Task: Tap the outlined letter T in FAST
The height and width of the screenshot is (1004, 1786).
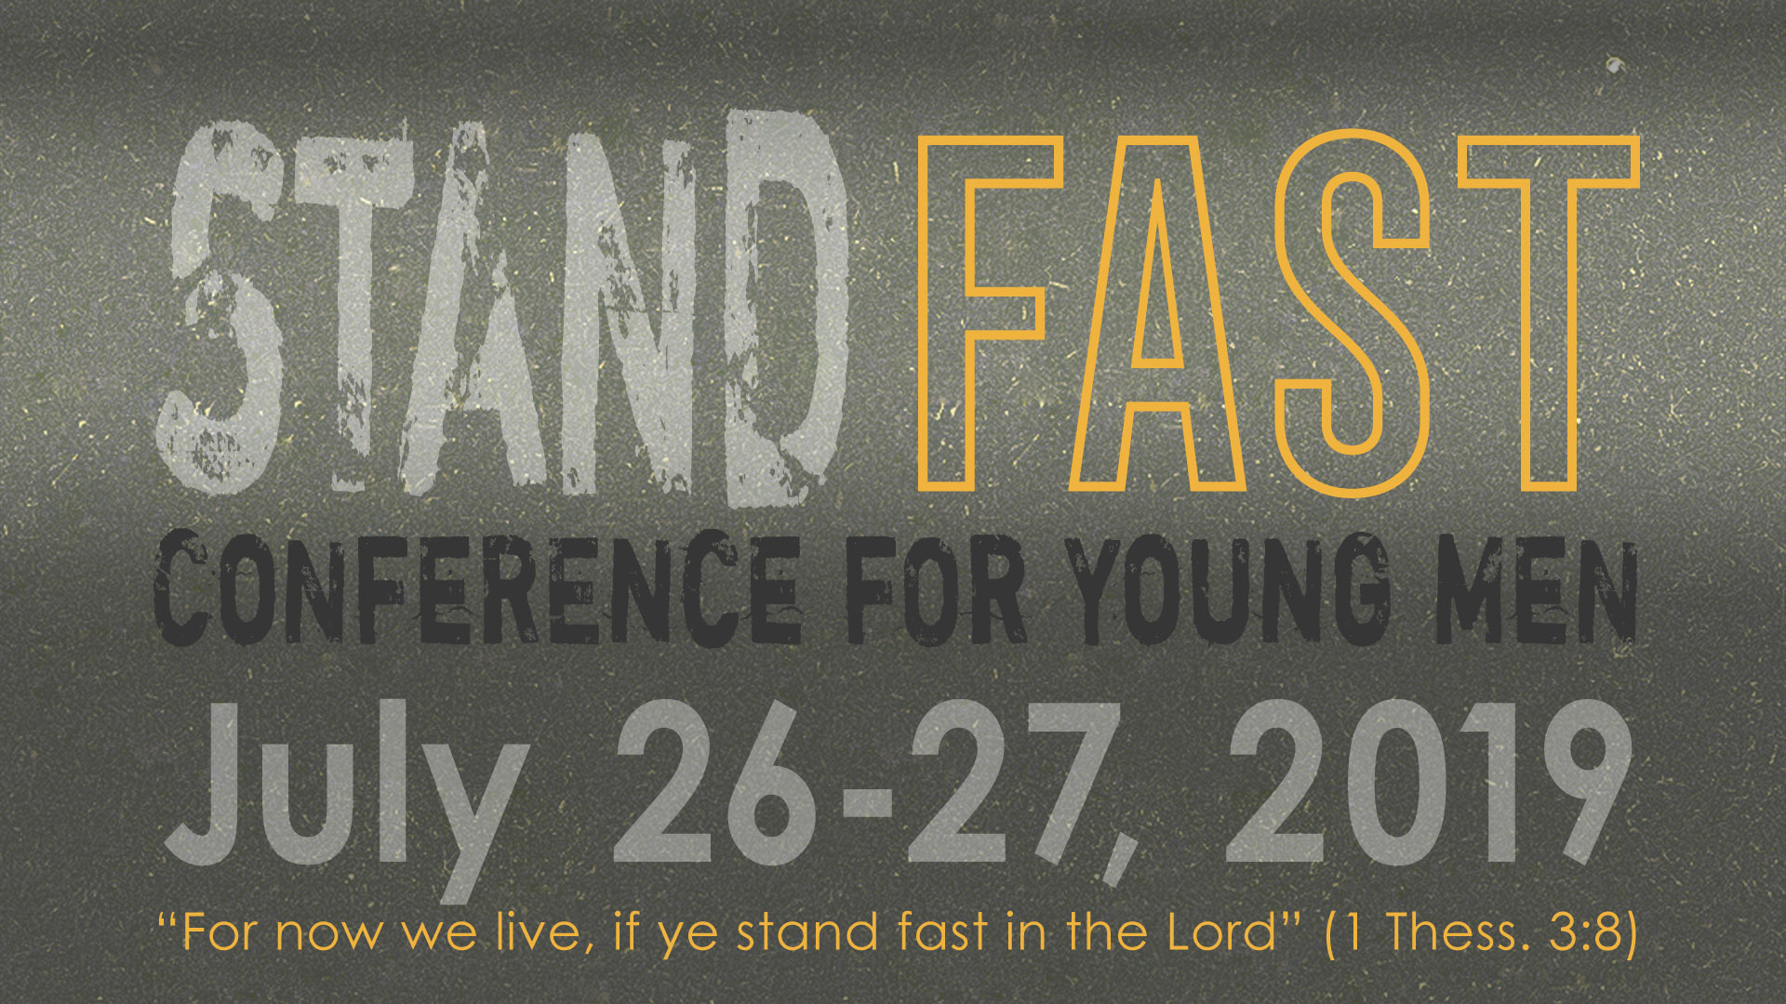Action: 1549,312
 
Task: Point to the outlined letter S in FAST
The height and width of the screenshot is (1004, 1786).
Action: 1352,312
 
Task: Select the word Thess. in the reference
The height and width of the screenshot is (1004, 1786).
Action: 1458,932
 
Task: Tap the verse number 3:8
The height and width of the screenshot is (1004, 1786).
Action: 1582,932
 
